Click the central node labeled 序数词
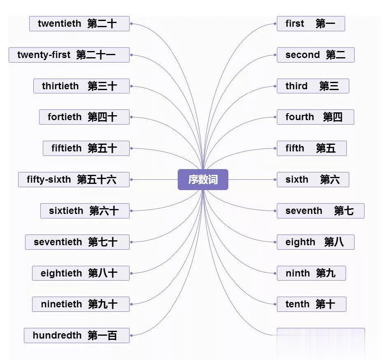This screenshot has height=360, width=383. pos(203,179)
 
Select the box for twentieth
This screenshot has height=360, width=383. pos(79,23)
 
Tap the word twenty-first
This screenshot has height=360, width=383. pos(44,55)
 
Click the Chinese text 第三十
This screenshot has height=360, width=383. pos(102,86)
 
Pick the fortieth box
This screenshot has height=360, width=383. pos(84,117)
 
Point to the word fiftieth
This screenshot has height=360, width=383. pos(67,148)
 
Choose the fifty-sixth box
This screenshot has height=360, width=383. pos(74,179)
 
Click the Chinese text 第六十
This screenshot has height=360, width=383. pos(104,211)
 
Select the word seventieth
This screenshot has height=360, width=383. pos(58,242)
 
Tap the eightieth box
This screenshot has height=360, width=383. pos(81,273)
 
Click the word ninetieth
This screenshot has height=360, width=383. pos(62,304)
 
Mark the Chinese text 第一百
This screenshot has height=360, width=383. pos(102,335)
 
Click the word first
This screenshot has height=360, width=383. pos(295,24)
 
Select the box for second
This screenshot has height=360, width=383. pos(316,55)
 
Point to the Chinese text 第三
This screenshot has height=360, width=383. pos(329,86)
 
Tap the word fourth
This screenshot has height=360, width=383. pos(300,117)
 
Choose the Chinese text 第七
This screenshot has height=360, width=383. pos(344,211)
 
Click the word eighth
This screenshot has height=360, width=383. pos(301,242)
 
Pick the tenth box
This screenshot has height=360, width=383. pos(311,304)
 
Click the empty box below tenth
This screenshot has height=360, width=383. pos(321,335)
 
